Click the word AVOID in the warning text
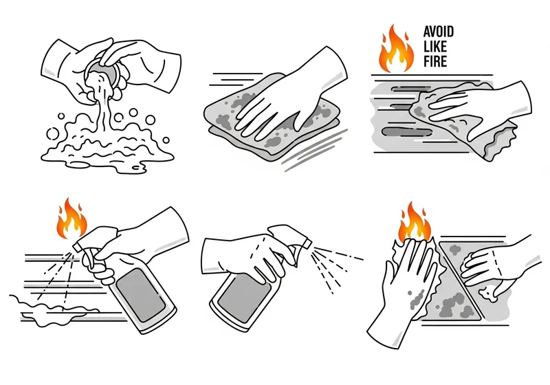(x=439, y=32)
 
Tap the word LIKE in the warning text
(x=435, y=47)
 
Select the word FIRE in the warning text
(x=435, y=61)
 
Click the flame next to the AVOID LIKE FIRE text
(x=397, y=49)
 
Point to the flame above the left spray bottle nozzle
(x=72, y=219)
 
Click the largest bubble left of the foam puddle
(x=53, y=133)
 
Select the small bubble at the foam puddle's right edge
(x=166, y=140)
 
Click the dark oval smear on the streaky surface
(x=407, y=132)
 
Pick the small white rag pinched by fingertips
(x=488, y=294)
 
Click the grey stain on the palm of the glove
(x=417, y=298)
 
